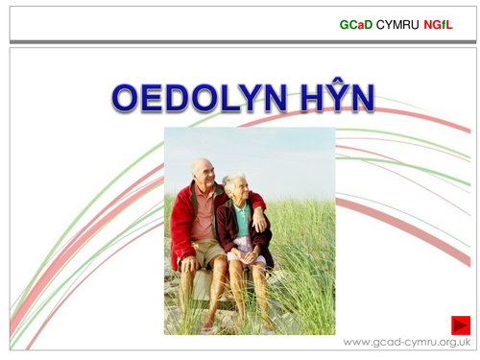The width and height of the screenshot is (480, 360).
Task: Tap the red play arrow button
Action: (x=461, y=324)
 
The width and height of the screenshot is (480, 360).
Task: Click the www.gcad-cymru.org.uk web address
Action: (x=406, y=343)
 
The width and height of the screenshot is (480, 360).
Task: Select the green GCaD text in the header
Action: (x=356, y=23)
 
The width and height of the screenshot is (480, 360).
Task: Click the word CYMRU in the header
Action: (x=396, y=23)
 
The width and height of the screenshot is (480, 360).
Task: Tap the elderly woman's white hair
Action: (x=235, y=180)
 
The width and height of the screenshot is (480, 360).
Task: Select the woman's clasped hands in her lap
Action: (x=244, y=252)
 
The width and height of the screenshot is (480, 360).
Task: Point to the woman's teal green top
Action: (x=243, y=218)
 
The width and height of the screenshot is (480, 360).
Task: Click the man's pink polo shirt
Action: (x=204, y=216)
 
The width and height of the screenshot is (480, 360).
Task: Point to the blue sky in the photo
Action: (x=288, y=154)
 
